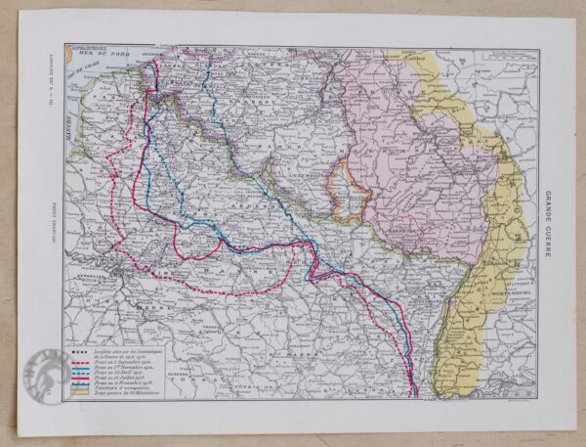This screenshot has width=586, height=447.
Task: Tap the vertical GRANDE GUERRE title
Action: coord(548,222)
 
